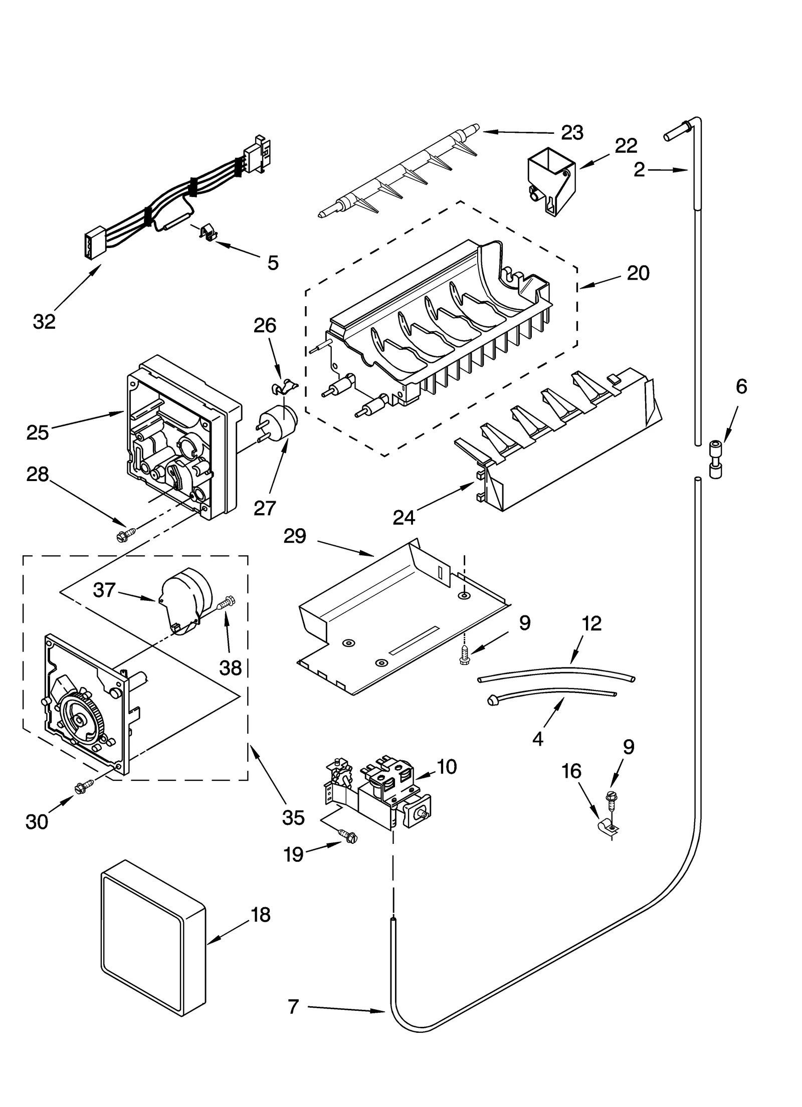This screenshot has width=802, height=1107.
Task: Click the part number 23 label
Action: [x=572, y=133]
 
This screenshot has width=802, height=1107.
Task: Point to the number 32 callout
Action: [x=44, y=321]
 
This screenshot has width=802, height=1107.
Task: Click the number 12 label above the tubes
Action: [x=591, y=623]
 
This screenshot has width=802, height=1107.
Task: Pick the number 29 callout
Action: [x=295, y=536]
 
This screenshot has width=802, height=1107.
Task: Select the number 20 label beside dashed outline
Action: [x=638, y=273]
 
